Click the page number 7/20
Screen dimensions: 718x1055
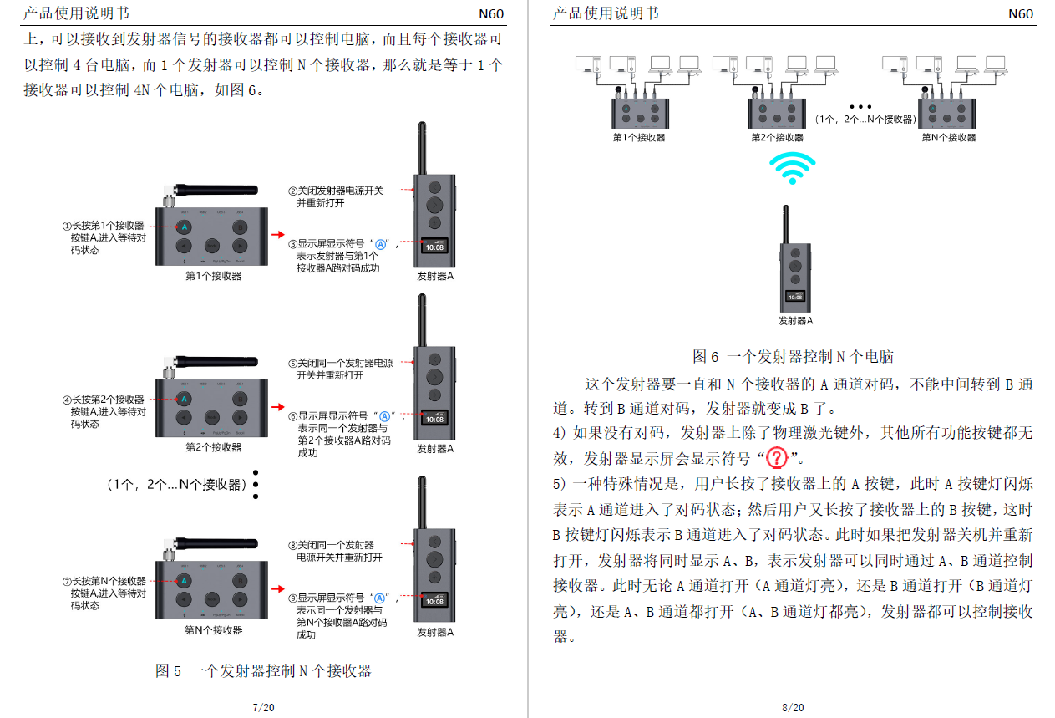pos(263,707)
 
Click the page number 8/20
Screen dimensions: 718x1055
pos(793,707)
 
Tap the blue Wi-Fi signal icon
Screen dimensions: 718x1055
pos(792,168)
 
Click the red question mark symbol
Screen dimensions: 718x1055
pos(777,458)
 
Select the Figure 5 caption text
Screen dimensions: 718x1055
pos(263,670)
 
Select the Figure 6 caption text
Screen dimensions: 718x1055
pos(793,357)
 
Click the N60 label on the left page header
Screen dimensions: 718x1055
pos(491,13)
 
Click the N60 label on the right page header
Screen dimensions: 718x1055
pos(1020,13)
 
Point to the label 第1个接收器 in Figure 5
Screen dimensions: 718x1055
pos(213,276)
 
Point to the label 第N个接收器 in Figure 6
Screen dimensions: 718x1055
pos(948,138)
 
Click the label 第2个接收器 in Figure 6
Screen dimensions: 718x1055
pos(777,138)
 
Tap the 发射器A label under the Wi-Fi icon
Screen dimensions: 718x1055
pos(794,321)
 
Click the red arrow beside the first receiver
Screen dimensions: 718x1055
pos(278,235)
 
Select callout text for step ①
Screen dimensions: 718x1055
pos(104,237)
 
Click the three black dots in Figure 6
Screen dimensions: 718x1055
pos(860,108)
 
